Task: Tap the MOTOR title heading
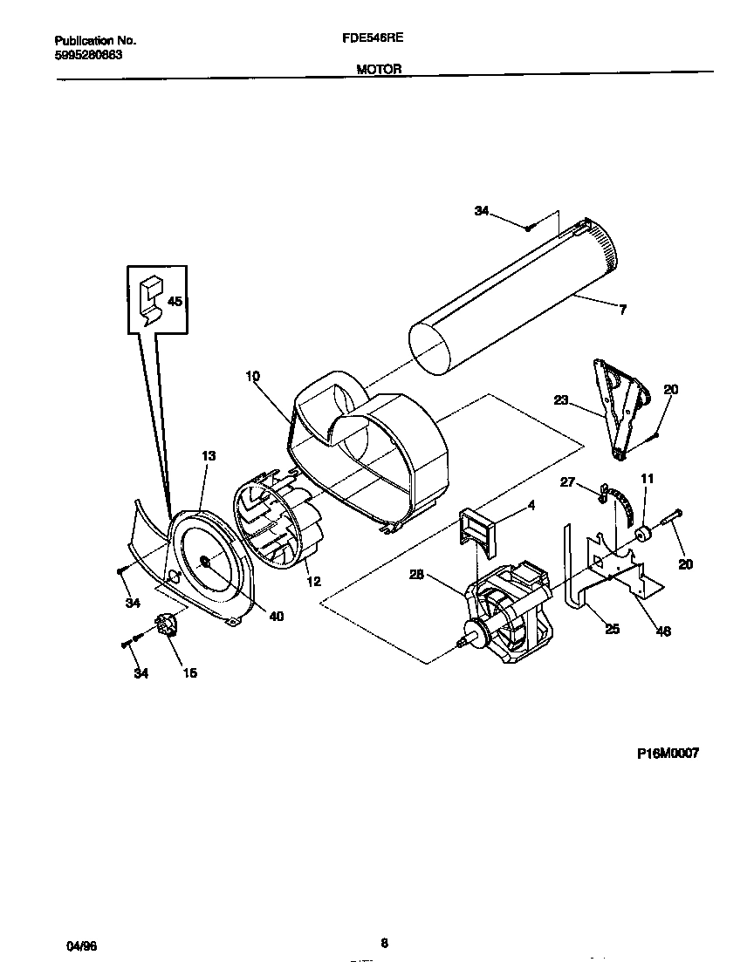(379, 70)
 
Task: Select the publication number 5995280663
(88, 54)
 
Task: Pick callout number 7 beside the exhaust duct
(622, 310)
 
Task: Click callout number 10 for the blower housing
(252, 376)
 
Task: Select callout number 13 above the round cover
(209, 455)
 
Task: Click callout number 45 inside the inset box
(175, 302)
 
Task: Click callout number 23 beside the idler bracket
(560, 400)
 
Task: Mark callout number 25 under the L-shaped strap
(612, 628)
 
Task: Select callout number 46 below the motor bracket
(663, 631)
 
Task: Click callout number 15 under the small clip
(188, 672)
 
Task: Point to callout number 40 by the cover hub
(276, 617)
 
